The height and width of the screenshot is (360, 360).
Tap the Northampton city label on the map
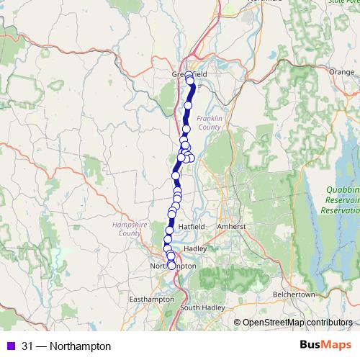point(172,266)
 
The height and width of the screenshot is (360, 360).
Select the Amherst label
point(233,226)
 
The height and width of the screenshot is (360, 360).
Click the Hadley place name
point(195,248)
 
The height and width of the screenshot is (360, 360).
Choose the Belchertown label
point(294,294)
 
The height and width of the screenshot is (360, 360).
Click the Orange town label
point(341,72)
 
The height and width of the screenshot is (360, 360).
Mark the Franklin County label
point(208,122)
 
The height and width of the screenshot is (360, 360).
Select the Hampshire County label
point(127,229)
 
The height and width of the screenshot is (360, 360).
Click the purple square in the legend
point(9,346)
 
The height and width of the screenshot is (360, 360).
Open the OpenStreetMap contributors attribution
point(299,323)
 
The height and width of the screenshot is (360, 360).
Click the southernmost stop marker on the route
point(171,265)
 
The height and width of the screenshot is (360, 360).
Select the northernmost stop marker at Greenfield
point(189,75)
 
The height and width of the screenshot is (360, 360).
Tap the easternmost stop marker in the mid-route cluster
point(192,158)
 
